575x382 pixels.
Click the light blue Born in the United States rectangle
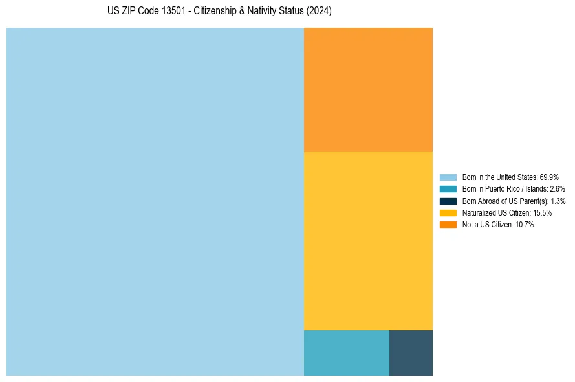pos(155,201)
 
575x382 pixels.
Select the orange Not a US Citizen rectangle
pos(368,89)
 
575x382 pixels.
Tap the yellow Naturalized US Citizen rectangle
pos(368,240)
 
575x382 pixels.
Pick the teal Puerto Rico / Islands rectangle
pos(347,352)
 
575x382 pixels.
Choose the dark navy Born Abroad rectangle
pos(411,352)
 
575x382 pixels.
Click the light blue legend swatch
pos(448,177)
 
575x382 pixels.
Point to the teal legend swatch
pos(448,189)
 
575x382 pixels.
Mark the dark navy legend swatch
pos(448,201)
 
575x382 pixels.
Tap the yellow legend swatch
pos(448,212)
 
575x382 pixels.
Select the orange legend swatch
pos(448,225)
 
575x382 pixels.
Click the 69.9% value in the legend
pos(549,177)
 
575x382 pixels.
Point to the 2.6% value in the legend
pos(557,189)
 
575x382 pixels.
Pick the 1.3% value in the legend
pos(558,201)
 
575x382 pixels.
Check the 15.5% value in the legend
pos(542,212)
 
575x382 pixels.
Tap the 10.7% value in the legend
pos(525,225)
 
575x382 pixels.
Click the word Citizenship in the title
pos(215,12)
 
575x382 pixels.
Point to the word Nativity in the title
pos(263,12)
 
